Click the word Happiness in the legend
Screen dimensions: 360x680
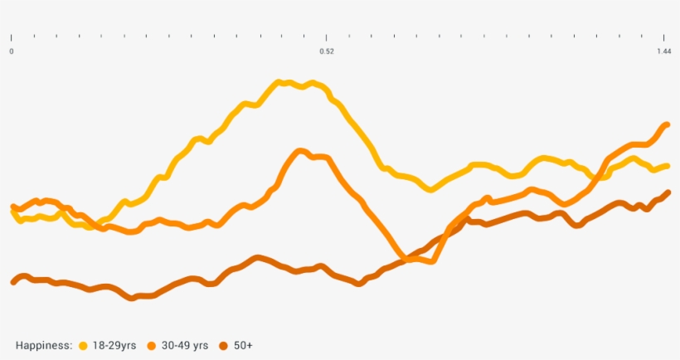click(x=44, y=345)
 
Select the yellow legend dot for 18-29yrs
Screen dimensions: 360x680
click(x=82, y=345)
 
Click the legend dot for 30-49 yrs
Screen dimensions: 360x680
click(x=151, y=345)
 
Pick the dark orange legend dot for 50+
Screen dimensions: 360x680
click(x=223, y=345)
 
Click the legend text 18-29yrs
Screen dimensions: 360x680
click(x=114, y=345)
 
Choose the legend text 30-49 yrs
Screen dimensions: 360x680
click(x=185, y=345)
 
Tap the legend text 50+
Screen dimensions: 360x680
click(x=243, y=345)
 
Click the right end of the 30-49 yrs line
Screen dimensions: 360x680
click(x=668, y=124)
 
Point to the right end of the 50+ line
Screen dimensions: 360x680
click(x=668, y=192)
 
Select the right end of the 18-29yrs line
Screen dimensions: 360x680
click(x=668, y=165)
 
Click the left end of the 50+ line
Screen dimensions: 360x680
click(x=12, y=282)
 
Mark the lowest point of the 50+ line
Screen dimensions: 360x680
click(x=131, y=297)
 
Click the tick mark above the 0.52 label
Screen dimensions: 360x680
click(x=327, y=36)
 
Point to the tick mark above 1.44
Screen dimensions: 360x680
click(x=665, y=36)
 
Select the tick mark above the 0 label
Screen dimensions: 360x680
click(x=12, y=36)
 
